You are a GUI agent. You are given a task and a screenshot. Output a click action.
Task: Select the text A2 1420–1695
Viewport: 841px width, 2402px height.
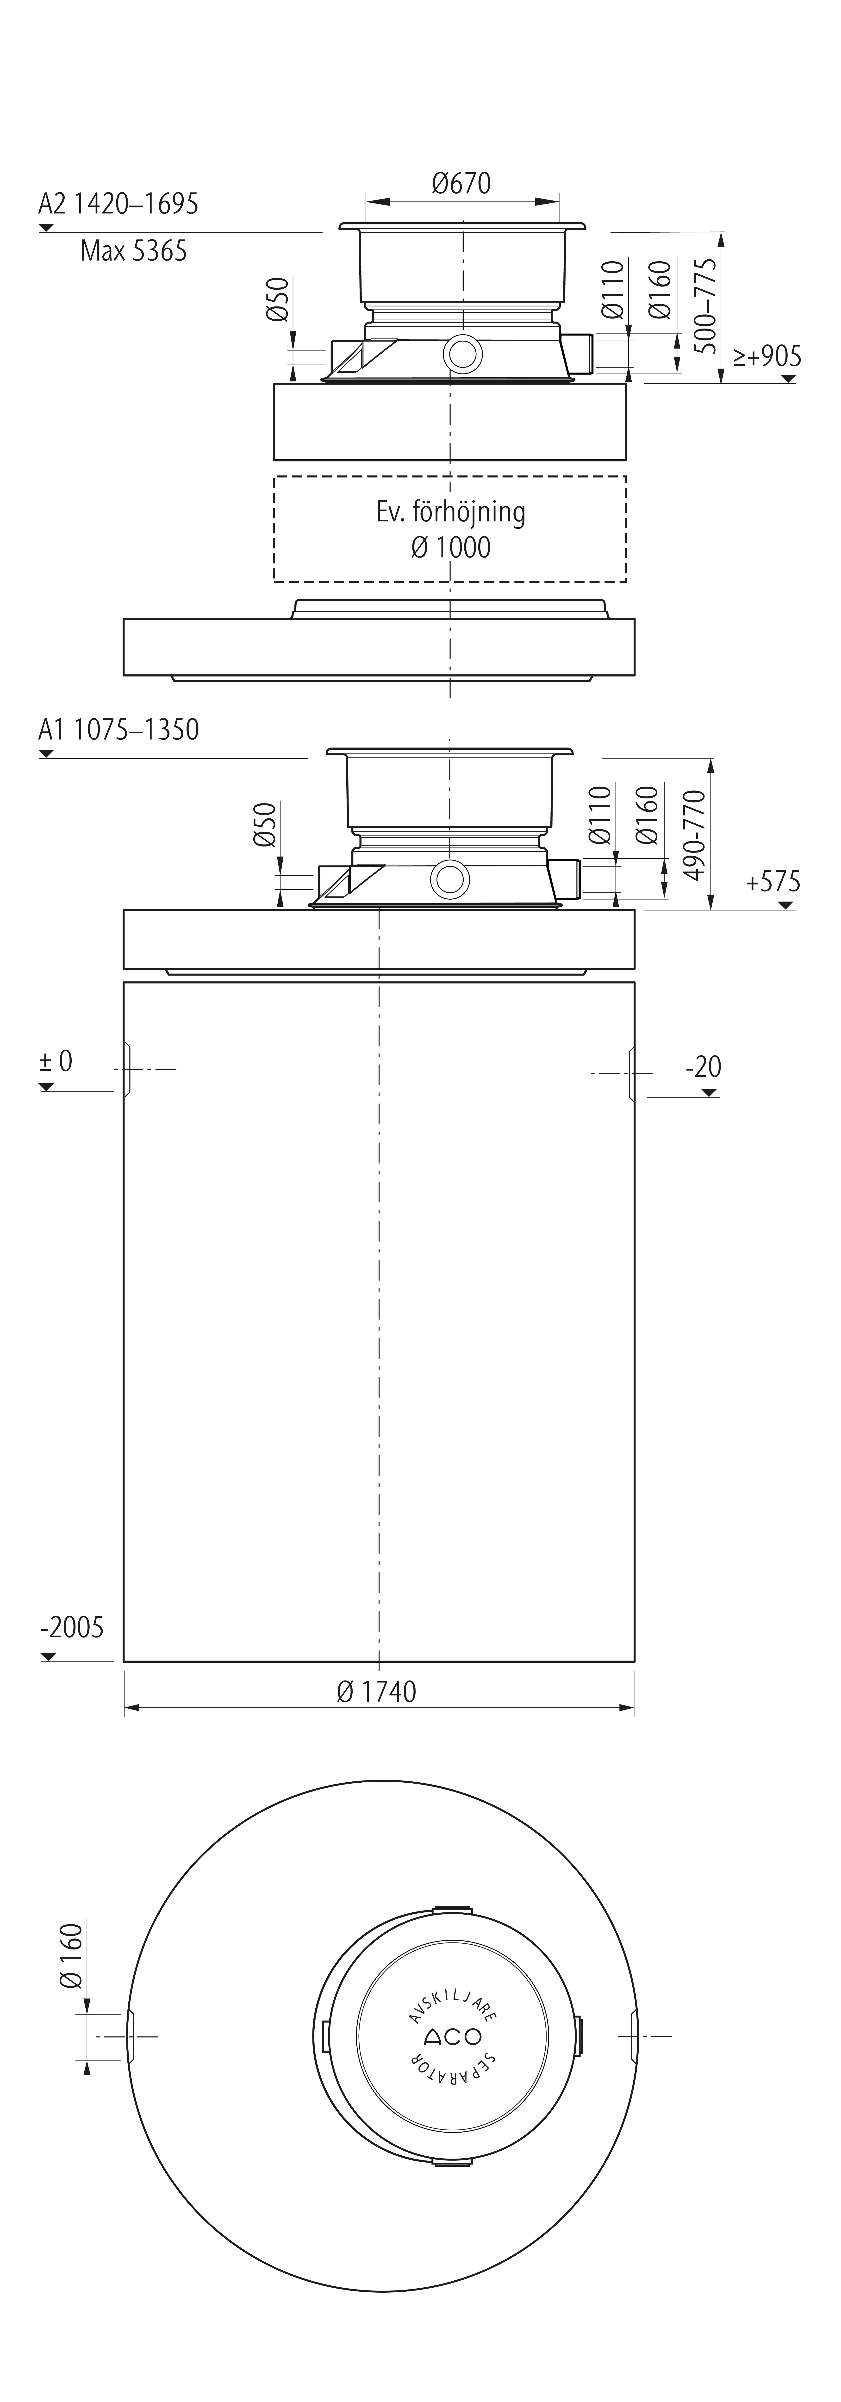point(118,203)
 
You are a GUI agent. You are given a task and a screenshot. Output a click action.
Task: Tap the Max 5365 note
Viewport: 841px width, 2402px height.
point(133,251)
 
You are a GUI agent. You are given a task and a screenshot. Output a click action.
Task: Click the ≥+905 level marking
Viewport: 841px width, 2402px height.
point(766,355)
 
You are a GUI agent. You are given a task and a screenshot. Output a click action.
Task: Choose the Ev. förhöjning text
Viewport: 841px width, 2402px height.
point(450,512)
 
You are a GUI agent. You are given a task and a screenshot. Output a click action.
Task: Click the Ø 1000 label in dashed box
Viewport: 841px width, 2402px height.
point(450,547)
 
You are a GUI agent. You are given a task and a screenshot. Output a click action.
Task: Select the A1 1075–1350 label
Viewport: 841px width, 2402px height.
point(118,729)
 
